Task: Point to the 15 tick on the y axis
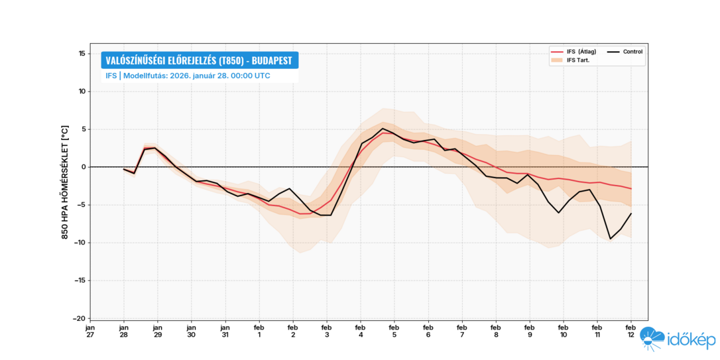tap(82, 54)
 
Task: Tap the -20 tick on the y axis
tap(80, 318)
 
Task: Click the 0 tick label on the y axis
tap(84, 167)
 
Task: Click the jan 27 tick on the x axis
tap(90, 330)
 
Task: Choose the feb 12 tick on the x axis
tap(630, 330)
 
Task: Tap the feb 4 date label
tap(360, 330)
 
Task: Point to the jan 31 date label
tap(225, 330)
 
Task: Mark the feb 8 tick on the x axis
tap(495, 330)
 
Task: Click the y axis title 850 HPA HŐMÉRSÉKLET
tap(66, 182)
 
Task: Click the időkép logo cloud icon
tap(652, 339)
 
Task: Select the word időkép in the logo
tap(692, 341)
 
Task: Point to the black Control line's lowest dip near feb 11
tap(610, 239)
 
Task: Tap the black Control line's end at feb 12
tap(630, 213)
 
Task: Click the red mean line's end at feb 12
tap(630, 189)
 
